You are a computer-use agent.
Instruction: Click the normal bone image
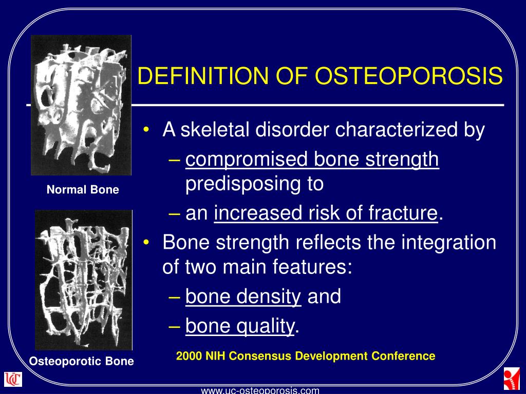(81, 105)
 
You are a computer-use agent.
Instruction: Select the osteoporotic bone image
(83, 280)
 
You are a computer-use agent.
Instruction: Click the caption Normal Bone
(83, 190)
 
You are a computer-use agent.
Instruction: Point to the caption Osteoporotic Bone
(81, 361)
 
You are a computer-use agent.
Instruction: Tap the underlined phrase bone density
(243, 297)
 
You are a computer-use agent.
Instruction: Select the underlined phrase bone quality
(240, 326)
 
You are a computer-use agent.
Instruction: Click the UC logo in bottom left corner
(13, 380)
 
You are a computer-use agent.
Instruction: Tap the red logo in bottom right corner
(512, 380)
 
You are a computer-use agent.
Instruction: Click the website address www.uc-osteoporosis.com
(260, 390)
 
